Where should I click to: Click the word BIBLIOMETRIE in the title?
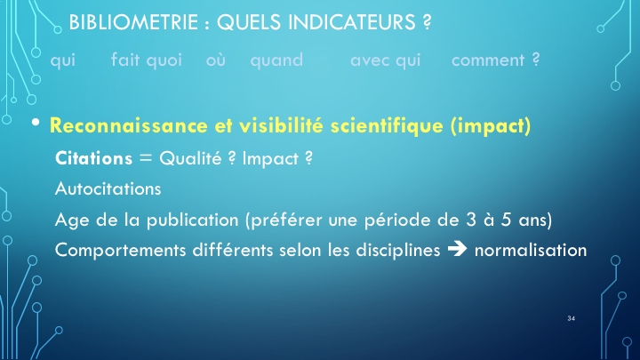point(133,22)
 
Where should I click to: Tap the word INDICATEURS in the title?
point(352,22)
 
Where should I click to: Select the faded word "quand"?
point(276,60)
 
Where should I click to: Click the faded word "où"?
point(215,60)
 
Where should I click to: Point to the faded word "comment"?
point(488,60)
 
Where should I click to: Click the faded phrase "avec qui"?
point(385,60)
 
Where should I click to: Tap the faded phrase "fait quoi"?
point(147,60)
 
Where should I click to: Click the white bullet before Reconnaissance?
point(36,122)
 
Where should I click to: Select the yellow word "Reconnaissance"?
point(129,125)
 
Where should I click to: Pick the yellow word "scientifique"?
point(387,125)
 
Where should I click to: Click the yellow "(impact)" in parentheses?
point(491,125)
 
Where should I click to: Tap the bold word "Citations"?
point(94,158)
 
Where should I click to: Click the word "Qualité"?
point(190,158)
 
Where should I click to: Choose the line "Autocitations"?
point(108,189)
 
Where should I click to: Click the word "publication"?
point(192,220)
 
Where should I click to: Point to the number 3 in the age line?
point(471,220)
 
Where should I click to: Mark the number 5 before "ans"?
point(506,220)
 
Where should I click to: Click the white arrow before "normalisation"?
point(457,249)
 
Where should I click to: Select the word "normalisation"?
point(531,250)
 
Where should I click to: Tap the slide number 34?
point(571,318)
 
